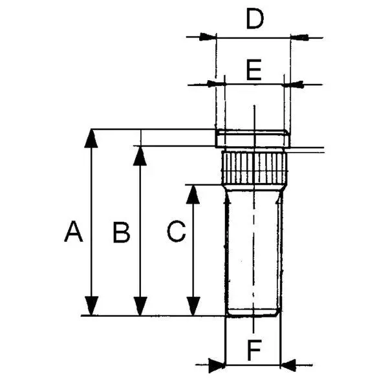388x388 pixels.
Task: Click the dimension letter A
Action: point(74,231)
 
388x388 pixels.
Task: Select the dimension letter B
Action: point(121,232)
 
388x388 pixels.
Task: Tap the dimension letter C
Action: point(176,231)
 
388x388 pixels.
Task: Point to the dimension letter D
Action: point(255,19)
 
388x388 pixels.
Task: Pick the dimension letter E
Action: point(253,69)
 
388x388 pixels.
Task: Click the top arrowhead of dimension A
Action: point(92,137)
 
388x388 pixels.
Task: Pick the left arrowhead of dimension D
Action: point(207,37)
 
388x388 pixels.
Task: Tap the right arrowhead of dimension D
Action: point(298,37)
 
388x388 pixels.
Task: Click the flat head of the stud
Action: point(252,138)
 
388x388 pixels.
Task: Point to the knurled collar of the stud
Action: point(253,167)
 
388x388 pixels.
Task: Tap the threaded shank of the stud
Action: point(253,252)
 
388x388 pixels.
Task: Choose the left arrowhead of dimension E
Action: point(217,83)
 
